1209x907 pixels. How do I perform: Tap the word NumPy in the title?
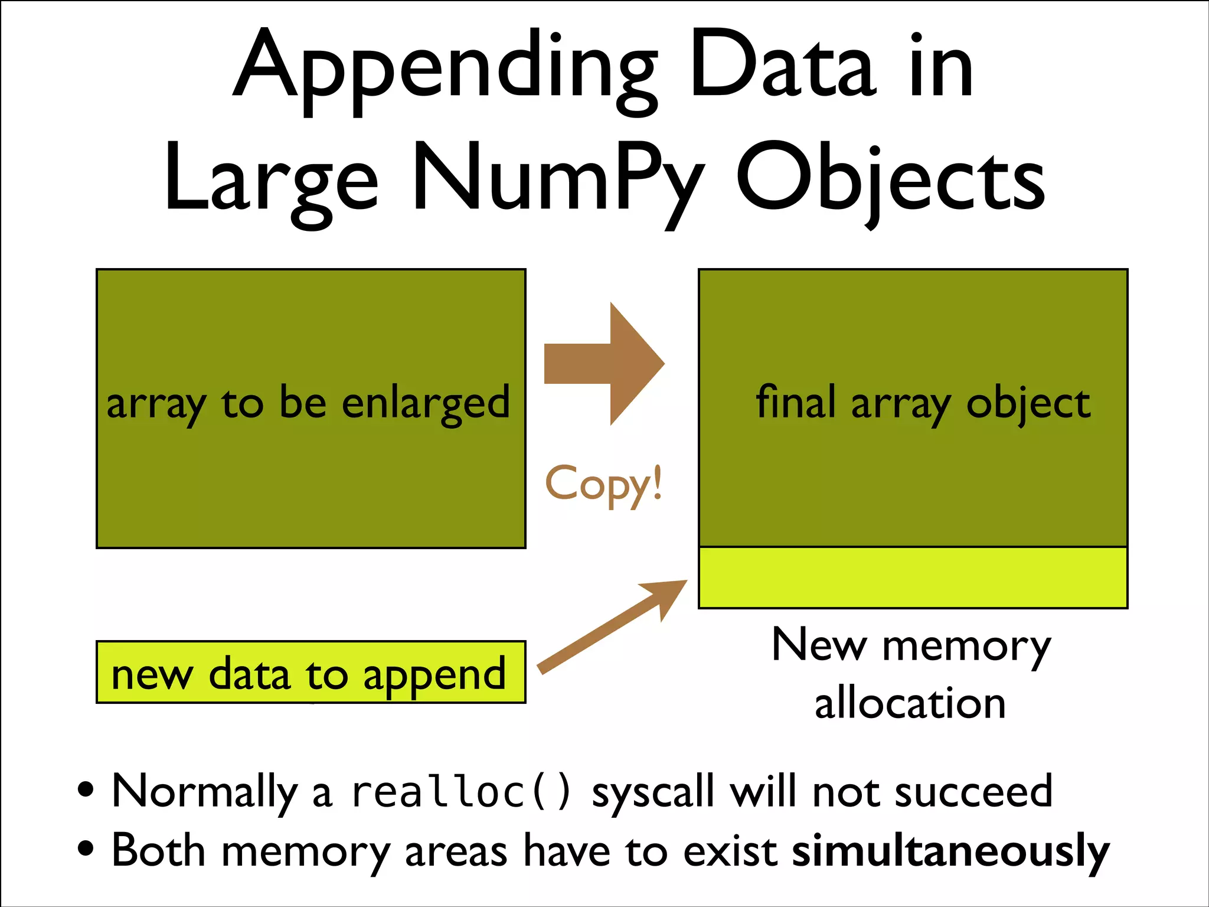[x=558, y=180]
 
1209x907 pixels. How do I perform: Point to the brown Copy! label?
[x=603, y=484]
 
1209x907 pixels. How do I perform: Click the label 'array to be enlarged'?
[x=308, y=404]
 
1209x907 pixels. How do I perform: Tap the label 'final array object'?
[x=923, y=404]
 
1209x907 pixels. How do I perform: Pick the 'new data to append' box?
[x=311, y=673]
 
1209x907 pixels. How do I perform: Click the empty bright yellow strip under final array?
[x=913, y=578]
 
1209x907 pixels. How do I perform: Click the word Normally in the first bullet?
[x=204, y=792]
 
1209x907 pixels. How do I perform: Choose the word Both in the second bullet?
[x=158, y=851]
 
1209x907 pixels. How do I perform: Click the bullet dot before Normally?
[x=86, y=789]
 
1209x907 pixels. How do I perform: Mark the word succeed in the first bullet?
[x=974, y=792]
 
